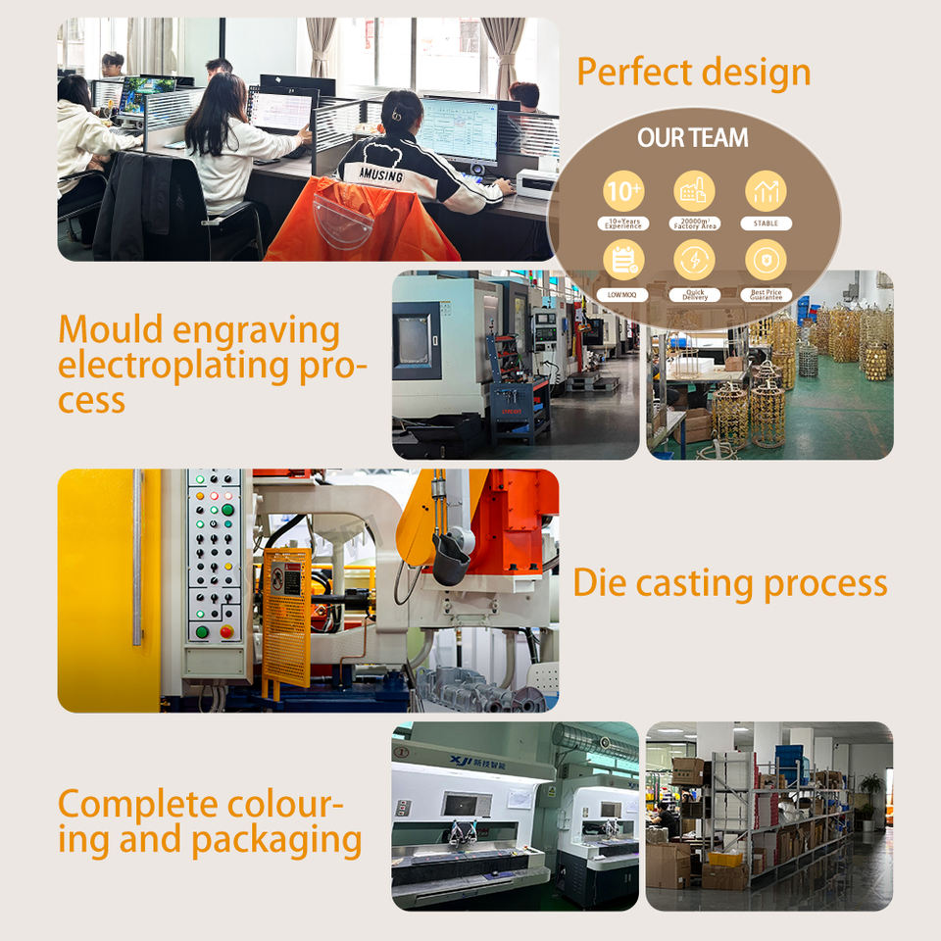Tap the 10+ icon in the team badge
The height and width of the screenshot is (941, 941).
pos(623,188)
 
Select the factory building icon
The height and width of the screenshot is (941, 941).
pos(694,190)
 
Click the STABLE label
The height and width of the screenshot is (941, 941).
pos(766,223)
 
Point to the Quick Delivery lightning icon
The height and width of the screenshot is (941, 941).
pos(694,260)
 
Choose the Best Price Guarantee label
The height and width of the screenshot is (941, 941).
pos(766,294)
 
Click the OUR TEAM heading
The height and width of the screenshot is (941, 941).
pos(693,138)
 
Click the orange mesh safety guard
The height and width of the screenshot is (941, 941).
pos(286,618)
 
